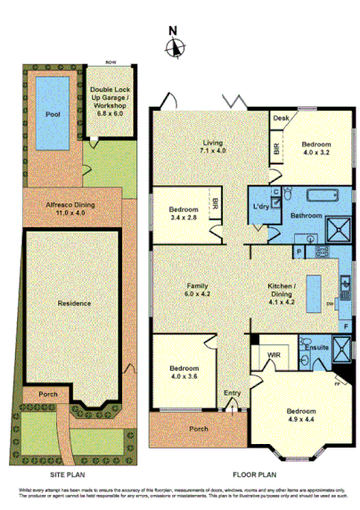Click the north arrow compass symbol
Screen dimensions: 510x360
point(176,46)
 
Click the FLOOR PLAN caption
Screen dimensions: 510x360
point(250,476)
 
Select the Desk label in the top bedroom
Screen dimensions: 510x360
point(281,118)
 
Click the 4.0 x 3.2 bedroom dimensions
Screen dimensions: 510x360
point(315,152)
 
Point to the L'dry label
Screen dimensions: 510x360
point(261,208)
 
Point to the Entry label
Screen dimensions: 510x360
point(233,392)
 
